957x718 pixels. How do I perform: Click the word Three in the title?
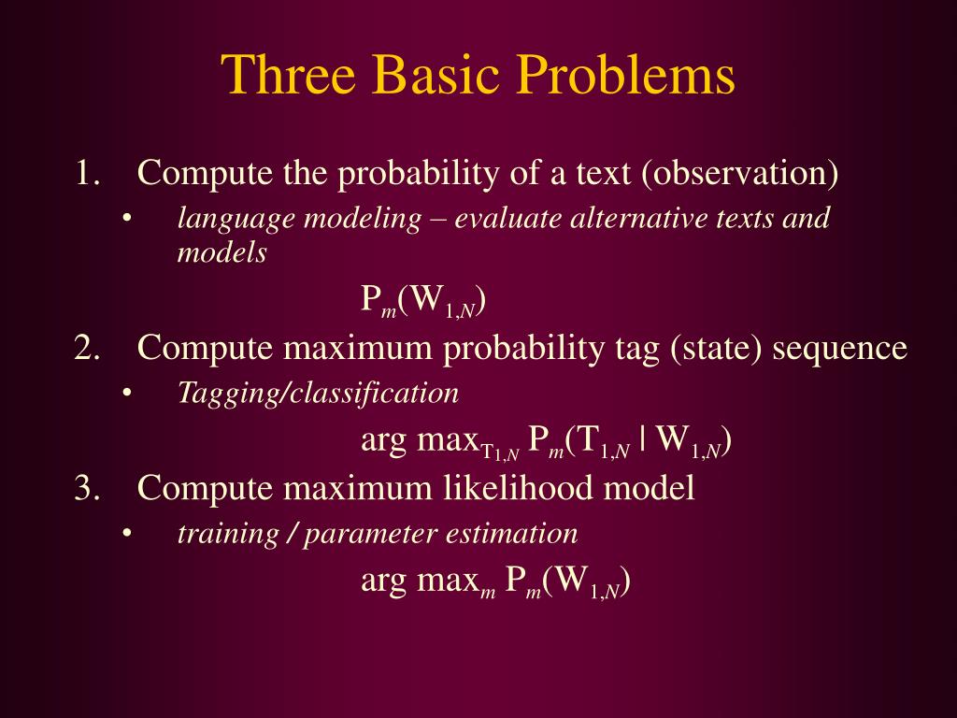coord(288,74)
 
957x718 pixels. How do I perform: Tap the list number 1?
coord(87,173)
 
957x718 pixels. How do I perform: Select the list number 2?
coord(87,348)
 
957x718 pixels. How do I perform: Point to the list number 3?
coord(87,488)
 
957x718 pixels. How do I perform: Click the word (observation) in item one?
coord(740,173)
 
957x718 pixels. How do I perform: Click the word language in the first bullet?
coord(235,219)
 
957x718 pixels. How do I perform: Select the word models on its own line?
coord(222,252)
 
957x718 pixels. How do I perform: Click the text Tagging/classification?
coord(318,394)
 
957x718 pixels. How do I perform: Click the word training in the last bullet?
coord(228,535)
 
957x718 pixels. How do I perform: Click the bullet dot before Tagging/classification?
coord(127,394)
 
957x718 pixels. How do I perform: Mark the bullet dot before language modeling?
coord(127,219)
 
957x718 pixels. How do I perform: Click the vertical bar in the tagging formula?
coord(644,439)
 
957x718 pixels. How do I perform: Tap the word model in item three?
coord(649,488)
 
